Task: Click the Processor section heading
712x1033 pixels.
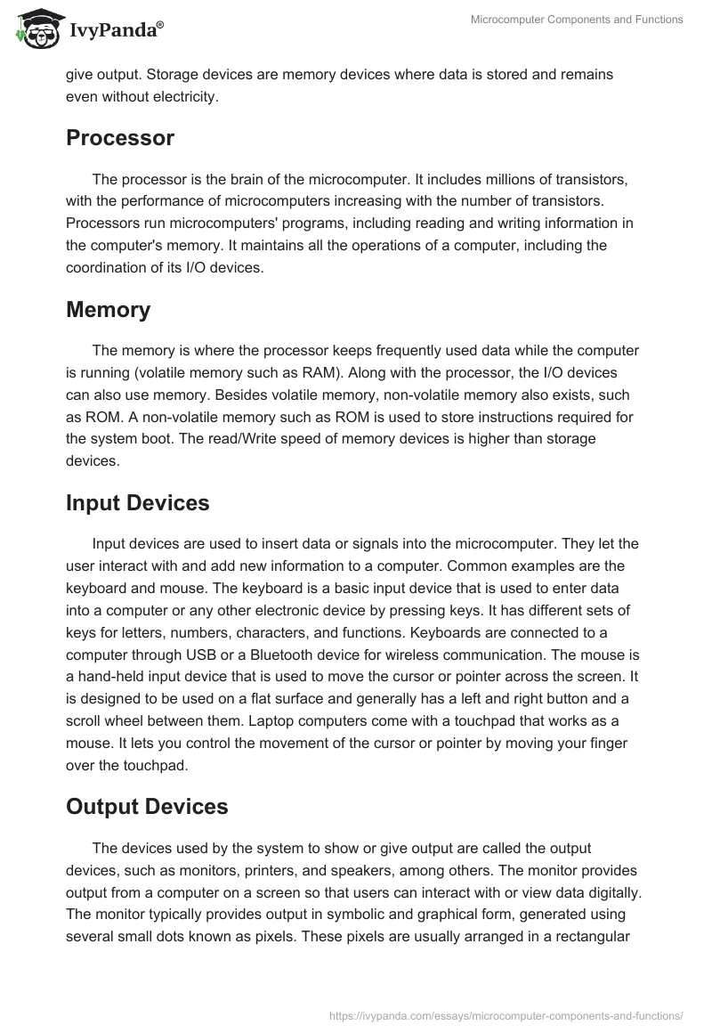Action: coord(120,138)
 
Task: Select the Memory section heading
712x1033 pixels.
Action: coord(108,310)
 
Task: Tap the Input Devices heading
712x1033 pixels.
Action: coord(138,502)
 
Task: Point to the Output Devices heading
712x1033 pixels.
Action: coord(147,807)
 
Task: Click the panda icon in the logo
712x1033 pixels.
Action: coord(36,29)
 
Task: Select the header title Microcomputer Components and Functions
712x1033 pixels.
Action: coord(577,20)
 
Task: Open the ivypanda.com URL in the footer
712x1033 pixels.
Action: coord(506,1014)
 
